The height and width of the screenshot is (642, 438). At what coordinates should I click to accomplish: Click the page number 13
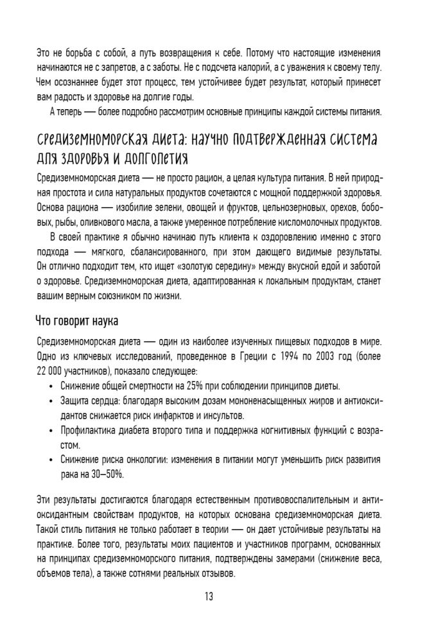209,596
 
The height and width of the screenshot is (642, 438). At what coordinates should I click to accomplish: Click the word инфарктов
157,415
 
